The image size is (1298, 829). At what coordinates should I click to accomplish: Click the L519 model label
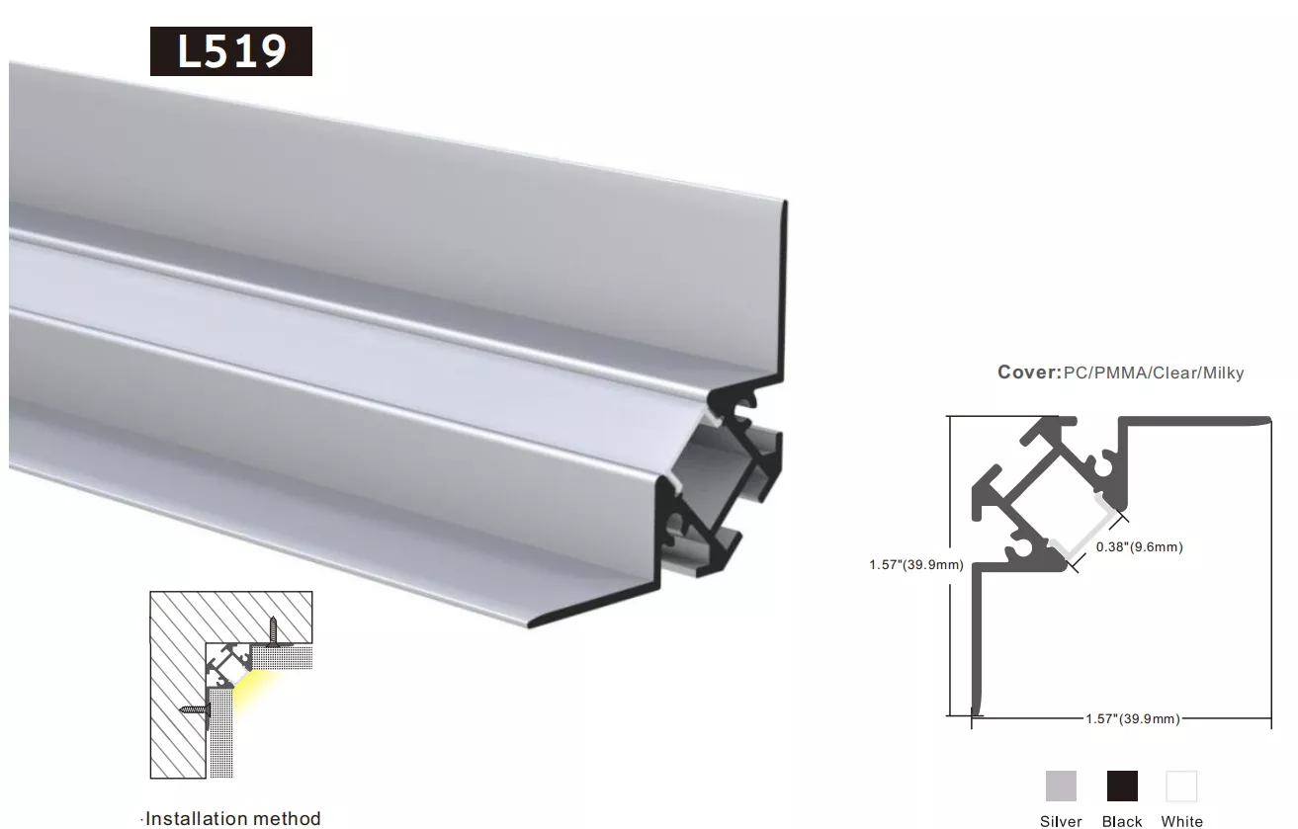pyautogui.click(x=231, y=51)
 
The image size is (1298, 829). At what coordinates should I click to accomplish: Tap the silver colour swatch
pyautogui.click(x=1061, y=786)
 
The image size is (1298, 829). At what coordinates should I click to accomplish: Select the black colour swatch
pyautogui.click(x=1122, y=786)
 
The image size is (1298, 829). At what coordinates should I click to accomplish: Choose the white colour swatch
pyautogui.click(x=1181, y=786)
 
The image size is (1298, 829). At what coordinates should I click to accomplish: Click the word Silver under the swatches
pyautogui.click(x=1061, y=821)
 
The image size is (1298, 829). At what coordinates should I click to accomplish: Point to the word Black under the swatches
pyautogui.click(x=1122, y=821)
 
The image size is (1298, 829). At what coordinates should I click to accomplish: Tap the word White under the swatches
pyautogui.click(x=1182, y=821)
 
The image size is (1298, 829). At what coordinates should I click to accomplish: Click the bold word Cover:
pyautogui.click(x=1029, y=372)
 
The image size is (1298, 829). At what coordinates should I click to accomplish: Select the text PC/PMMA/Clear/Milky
pyautogui.click(x=1154, y=373)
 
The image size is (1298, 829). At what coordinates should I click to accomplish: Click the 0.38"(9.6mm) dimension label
pyautogui.click(x=1139, y=546)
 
